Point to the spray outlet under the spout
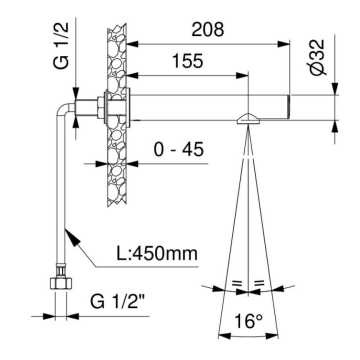click(x=244, y=119)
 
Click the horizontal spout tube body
click(x=200, y=107)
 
